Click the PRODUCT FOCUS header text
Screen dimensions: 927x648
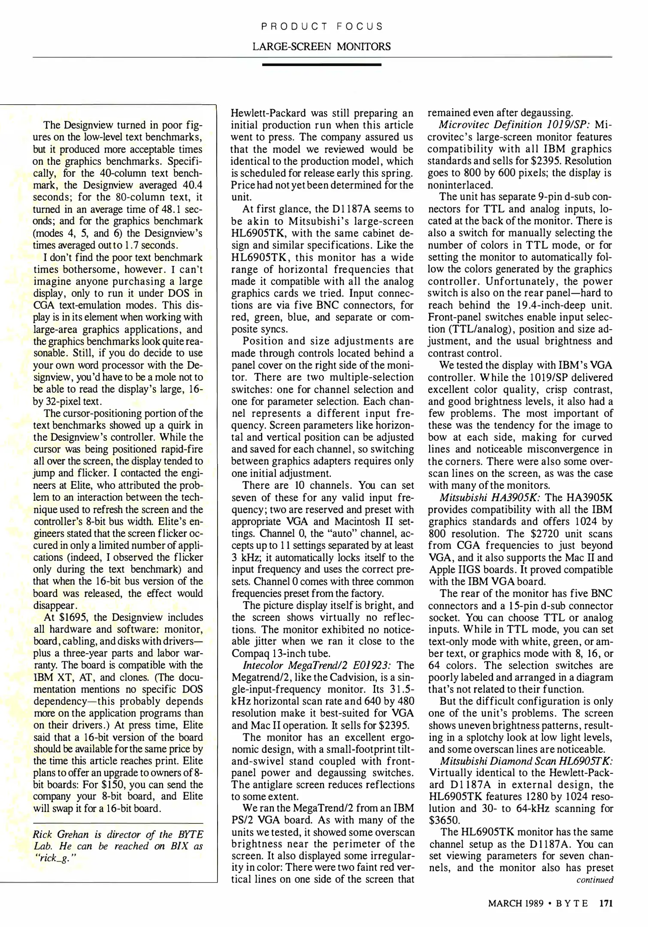(322, 27)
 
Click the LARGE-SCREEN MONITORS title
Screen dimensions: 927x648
(322, 46)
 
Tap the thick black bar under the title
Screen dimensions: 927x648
(322, 65)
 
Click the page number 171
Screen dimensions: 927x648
(606, 903)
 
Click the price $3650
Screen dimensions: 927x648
(444, 820)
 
